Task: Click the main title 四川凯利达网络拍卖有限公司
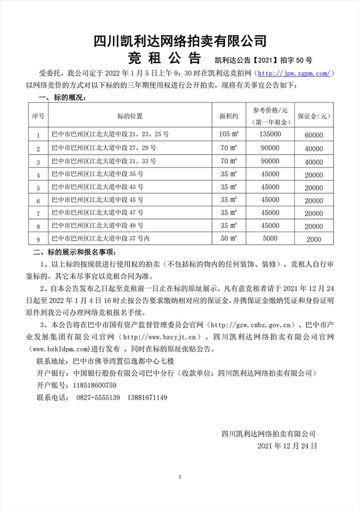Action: click(x=180, y=41)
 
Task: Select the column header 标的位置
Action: click(x=130, y=116)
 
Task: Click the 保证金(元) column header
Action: click(x=314, y=116)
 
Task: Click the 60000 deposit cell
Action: click(x=314, y=135)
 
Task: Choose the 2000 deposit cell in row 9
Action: click(x=314, y=239)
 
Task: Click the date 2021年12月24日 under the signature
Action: click(x=287, y=445)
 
